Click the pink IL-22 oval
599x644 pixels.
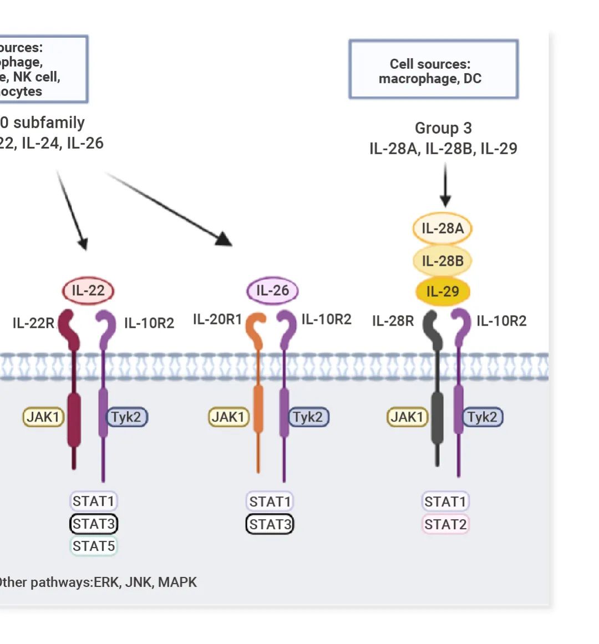tap(88, 290)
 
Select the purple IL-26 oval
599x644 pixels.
tap(272, 290)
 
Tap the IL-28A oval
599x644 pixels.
tap(442, 229)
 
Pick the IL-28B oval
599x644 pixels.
tap(442, 261)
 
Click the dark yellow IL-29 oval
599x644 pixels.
tap(442, 291)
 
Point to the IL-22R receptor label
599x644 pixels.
tap(33, 323)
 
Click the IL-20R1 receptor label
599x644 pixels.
tap(217, 320)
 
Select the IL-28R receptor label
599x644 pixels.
tap(393, 321)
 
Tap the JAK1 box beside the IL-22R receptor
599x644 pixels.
tap(43, 417)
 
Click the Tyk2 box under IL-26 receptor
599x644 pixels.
tap(308, 417)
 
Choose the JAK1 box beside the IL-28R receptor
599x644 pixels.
tap(407, 417)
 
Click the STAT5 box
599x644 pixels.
tap(94, 546)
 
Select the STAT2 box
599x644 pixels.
tap(445, 524)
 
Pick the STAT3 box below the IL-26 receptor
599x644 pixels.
tap(270, 524)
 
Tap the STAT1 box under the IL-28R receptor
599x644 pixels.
tap(445, 501)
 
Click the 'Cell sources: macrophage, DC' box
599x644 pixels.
tap(433, 70)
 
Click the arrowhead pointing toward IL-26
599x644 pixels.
tap(225, 240)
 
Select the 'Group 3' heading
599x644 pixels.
tap(443, 128)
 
